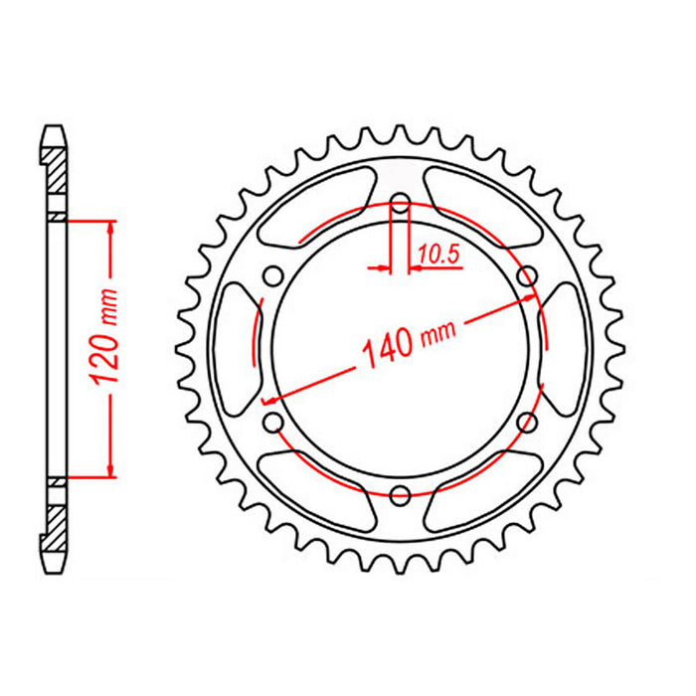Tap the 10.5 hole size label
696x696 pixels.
click(436, 256)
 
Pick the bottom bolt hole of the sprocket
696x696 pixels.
click(400, 494)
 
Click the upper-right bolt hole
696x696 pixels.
click(525, 276)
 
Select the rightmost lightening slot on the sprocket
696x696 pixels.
click(564, 350)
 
